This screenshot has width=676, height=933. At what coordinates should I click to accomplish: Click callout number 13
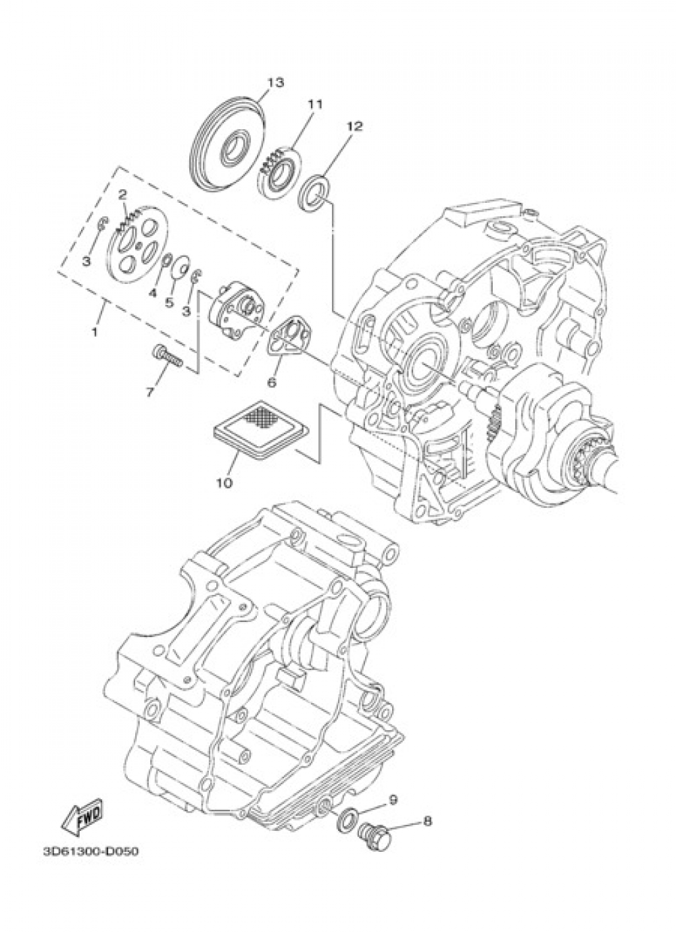click(x=274, y=82)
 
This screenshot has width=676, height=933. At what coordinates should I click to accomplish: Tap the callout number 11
click(x=316, y=104)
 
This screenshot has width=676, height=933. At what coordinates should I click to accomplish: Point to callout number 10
click(x=224, y=483)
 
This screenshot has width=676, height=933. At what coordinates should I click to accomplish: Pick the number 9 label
click(x=393, y=800)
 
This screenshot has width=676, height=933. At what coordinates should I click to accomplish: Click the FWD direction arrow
click(x=82, y=820)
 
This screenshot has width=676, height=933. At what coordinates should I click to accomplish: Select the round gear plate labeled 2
click(x=135, y=242)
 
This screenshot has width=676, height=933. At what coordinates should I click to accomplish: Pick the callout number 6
click(x=272, y=382)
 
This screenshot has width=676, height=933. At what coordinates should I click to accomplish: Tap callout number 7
click(x=150, y=391)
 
